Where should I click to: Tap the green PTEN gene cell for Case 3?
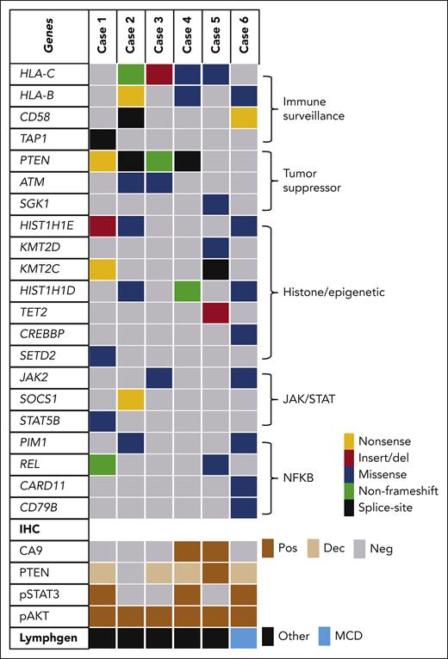[157, 160]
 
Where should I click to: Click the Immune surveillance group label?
[319, 106]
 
